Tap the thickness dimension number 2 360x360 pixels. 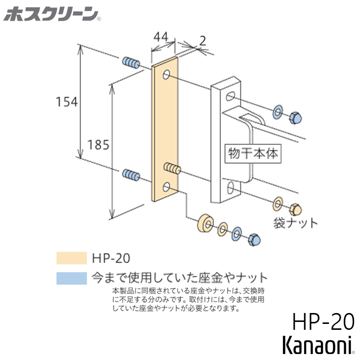(203, 41)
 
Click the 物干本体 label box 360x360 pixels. (253, 153)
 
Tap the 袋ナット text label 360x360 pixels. (296, 223)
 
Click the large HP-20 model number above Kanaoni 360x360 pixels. (323, 322)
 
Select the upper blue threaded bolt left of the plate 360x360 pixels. (130, 63)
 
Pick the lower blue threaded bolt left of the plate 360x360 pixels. (130, 174)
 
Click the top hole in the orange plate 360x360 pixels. (167, 76)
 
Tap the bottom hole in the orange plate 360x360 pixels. (167, 187)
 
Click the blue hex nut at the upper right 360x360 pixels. (296, 117)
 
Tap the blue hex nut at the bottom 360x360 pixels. (254, 239)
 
